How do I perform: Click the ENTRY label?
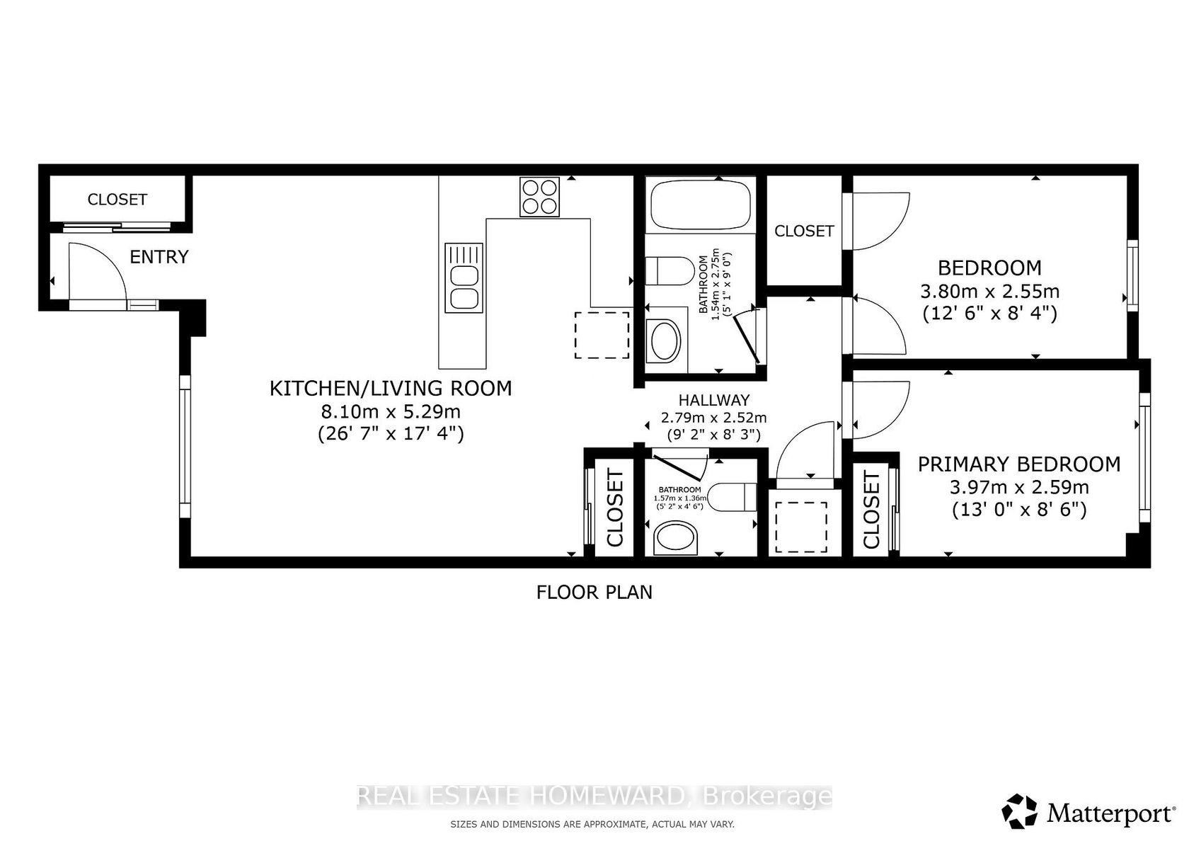159,257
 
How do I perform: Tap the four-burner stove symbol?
539,197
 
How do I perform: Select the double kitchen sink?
464,278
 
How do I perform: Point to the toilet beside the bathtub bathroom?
670,270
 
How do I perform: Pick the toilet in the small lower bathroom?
733,497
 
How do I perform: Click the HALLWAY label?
714,400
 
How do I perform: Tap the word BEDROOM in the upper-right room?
989,268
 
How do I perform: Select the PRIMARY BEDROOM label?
1019,464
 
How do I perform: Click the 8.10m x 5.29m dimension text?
391,411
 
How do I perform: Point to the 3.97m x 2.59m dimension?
1019,487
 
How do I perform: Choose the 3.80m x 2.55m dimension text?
989,291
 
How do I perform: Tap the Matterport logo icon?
1019,812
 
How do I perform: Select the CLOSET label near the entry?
117,200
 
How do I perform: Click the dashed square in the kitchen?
602,335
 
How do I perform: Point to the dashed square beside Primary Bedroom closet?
801,527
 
